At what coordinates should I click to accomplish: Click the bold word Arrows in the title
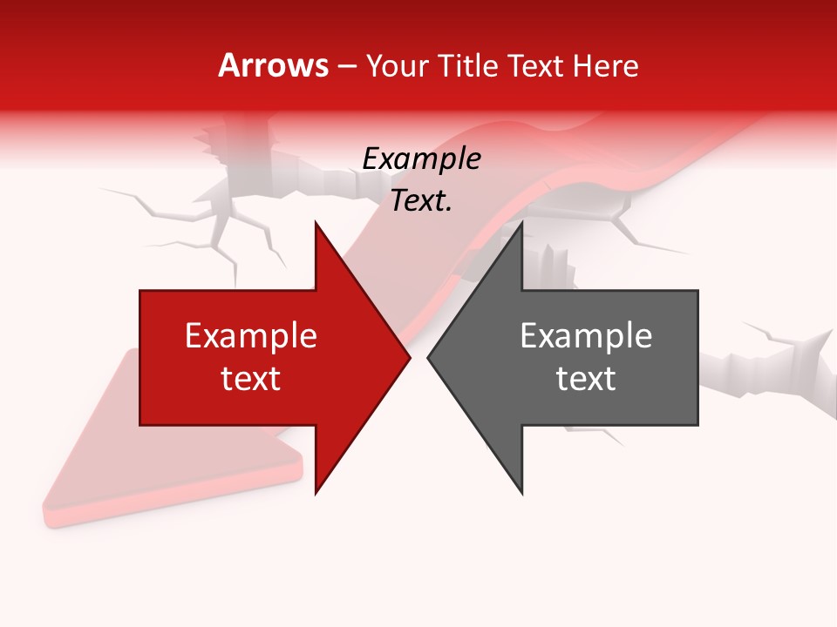coord(274,65)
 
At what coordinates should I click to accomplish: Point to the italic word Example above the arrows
coord(421,158)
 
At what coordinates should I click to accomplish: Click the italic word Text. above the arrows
coord(421,201)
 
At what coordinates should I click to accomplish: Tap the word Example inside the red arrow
coord(251,335)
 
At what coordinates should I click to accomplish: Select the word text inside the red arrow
coord(251,379)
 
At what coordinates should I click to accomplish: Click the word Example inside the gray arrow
coord(586,335)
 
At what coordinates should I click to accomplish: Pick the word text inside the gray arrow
coord(586,379)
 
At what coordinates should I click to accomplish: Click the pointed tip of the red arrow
coord(410,358)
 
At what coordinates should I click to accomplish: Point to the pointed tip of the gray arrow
coord(428,358)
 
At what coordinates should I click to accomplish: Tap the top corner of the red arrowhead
coord(316,223)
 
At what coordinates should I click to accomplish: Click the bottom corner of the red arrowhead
coord(316,493)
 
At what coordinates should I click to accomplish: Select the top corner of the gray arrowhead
coord(522,223)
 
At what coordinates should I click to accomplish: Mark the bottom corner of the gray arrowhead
coord(522,493)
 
